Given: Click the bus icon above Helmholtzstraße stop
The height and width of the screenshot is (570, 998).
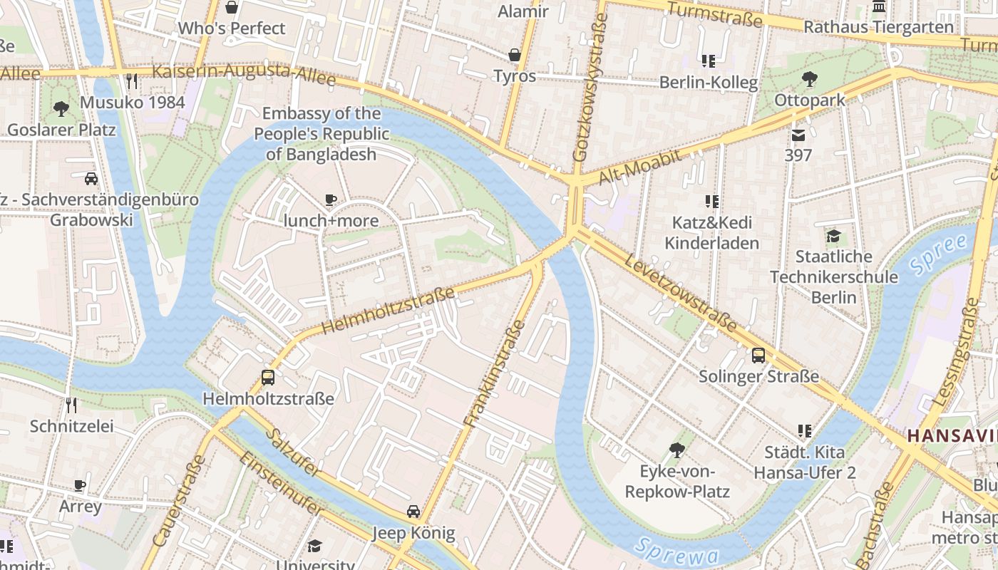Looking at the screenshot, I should point(268,378).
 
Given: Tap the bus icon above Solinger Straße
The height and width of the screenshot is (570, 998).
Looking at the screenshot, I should point(758,355).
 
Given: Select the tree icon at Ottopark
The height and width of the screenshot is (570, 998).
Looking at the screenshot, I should point(809,79).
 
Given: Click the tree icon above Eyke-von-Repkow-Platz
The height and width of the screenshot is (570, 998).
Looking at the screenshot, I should point(677,450).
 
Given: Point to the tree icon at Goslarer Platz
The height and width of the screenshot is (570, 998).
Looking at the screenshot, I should point(61,109).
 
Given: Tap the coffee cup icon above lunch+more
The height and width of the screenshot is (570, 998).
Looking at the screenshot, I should point(330,200).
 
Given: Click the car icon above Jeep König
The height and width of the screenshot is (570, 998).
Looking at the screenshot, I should point(413,512).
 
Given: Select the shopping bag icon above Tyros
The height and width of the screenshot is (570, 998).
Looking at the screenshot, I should point(515,55).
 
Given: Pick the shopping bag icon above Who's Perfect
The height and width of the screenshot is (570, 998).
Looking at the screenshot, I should point(232,8).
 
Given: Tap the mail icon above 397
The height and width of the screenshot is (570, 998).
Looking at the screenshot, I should point(798,135).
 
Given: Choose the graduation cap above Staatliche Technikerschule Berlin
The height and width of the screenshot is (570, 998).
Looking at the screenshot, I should point(833,236).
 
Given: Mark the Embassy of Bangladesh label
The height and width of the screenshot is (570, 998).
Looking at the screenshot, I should point(321,134).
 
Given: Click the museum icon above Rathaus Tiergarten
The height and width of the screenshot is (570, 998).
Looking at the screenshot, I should point(879,6).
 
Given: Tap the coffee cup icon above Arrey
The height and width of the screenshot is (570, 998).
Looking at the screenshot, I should point(80,486).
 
